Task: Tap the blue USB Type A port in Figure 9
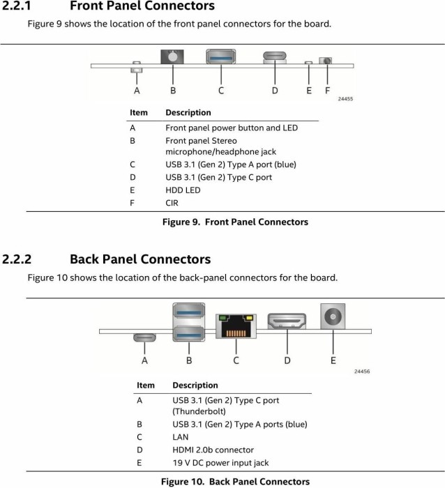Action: pos(220,57)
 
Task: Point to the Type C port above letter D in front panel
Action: pos(275,57)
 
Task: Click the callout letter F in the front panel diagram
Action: pos(327,90)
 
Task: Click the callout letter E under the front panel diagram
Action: pos(309,90)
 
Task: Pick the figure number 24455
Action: pos(345,99)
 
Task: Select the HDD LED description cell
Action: pos(183,190)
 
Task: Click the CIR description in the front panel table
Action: pos(172,203)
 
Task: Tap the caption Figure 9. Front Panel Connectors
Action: pos(234,222)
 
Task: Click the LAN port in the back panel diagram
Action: pos(236,325)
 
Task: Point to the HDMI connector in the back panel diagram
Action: pos(287,324)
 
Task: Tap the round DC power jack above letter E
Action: pos(333,317)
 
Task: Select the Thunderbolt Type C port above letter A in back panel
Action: pos(145,338)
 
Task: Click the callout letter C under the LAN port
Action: pos(236,360)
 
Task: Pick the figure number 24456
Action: pos(361,372)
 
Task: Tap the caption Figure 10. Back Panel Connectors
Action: pos(235,481)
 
